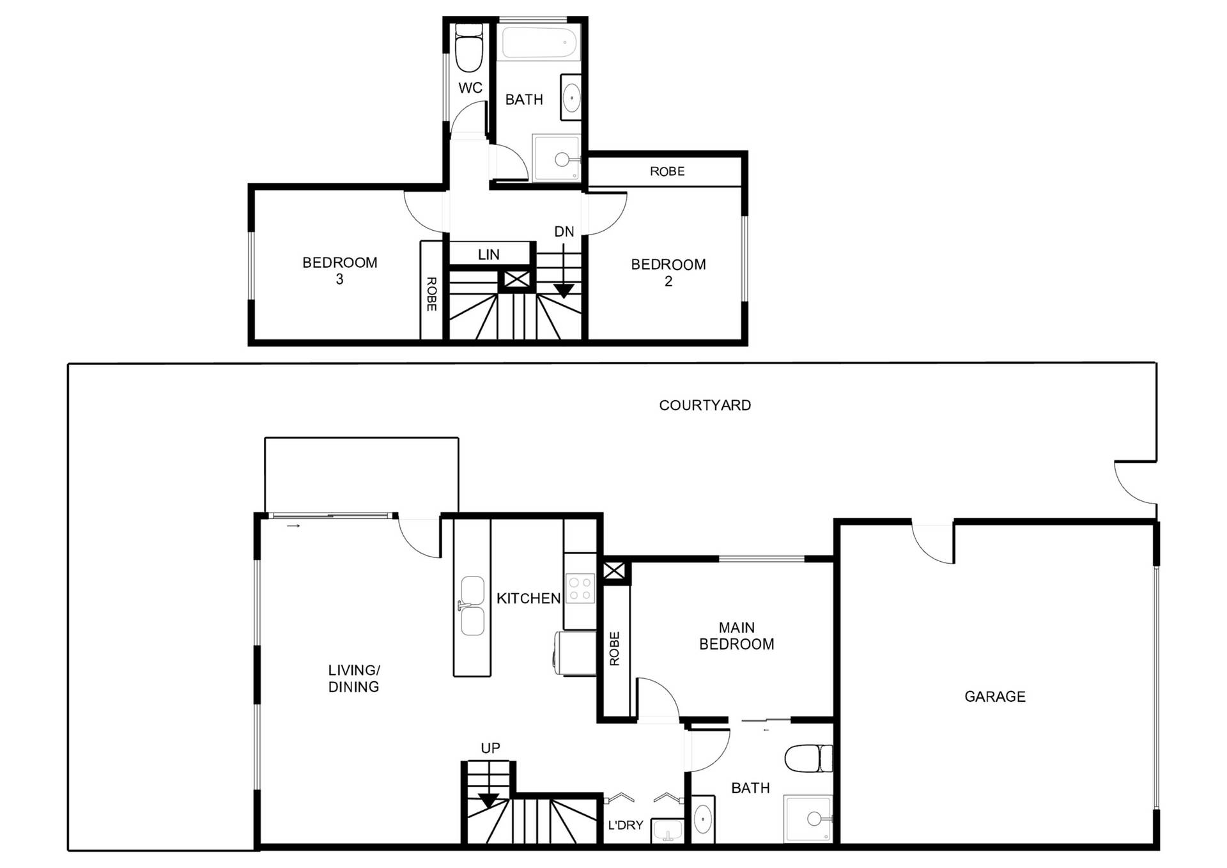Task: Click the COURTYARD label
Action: tap(705, 405)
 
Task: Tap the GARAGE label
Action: tap(995, 697)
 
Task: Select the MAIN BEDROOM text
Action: tap(737, 636)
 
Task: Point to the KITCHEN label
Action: tap(529, 598)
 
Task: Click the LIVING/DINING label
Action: tap(354, 678)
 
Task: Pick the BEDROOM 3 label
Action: tap(340, 270)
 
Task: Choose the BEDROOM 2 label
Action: tap(668, 272)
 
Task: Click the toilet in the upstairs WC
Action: tap(469, 49)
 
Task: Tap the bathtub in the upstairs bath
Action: tap(539, 42)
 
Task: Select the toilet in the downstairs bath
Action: tap(808, 759)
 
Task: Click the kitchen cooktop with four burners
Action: tap(580, 588)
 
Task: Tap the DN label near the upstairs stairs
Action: tap(564, 232)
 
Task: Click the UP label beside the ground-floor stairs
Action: tap(490, 748)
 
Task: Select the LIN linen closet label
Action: tap(489, 254)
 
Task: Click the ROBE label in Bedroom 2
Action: tap(667, 171)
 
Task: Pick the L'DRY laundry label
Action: tap(626, 825)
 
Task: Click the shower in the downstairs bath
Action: tap(808, 819)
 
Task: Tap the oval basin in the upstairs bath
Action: tap(571, 98)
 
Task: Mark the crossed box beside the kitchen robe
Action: tap(613, 570)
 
